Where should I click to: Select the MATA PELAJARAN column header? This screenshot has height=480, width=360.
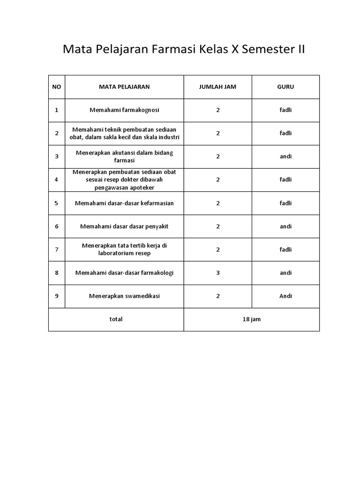pos(124,87)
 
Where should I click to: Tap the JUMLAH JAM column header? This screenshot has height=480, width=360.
pos(218,87)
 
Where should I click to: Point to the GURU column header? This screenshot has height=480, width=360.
pos(285,87)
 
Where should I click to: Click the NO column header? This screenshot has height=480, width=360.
pos(56,87)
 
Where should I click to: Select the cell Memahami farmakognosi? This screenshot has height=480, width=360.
pos(124,110)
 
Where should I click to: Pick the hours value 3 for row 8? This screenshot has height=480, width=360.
pos(218,273)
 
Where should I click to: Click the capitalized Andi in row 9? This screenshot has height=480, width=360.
pos(285,296)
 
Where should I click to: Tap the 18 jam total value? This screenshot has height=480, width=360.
pos(252,319)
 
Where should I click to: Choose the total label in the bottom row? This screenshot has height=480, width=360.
pos(116,319)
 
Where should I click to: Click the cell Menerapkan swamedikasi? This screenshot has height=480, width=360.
pos(124,296)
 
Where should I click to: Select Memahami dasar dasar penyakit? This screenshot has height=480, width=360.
pos(124,226)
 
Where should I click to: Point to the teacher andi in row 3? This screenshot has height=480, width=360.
pos(285,157)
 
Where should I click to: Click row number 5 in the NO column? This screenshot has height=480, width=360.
pos(57,203)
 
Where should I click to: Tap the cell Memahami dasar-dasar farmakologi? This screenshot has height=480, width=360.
pos(124,273)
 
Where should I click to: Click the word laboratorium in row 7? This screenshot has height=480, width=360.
pos(115,253)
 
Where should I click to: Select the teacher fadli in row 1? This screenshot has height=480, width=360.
pos(285,110)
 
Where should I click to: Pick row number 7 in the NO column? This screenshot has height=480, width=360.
pos(57,249)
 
